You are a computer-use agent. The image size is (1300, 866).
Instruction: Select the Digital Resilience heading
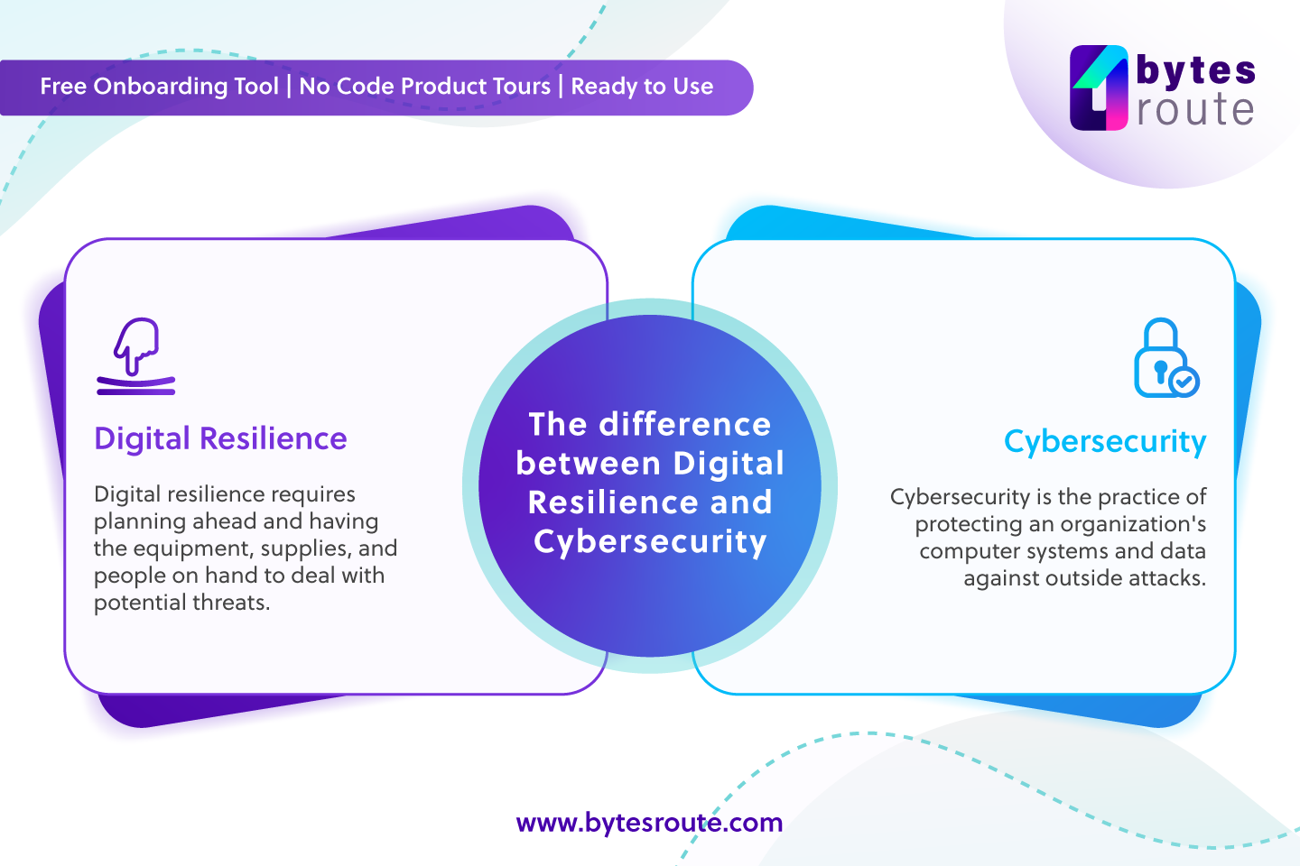pos(220,438)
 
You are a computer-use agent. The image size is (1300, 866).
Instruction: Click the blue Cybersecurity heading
pos(1105,442)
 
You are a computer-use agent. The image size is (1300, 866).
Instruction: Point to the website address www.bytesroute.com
pos(649,823)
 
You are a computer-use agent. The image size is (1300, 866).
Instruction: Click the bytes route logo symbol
pos(1099,88)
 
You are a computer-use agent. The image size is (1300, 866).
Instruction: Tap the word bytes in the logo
pos(1195,69)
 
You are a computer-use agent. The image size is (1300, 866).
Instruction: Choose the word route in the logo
pos(1195,110)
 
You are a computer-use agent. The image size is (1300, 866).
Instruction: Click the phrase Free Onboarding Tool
pos(159,87)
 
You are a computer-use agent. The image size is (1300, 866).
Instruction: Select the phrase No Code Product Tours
pos(424,87)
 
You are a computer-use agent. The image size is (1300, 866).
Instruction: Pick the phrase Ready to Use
pos(642,87)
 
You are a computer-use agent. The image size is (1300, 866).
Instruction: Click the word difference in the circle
pos(685,424)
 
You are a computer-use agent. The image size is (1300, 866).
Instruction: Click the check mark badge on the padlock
pos(1184,382)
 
